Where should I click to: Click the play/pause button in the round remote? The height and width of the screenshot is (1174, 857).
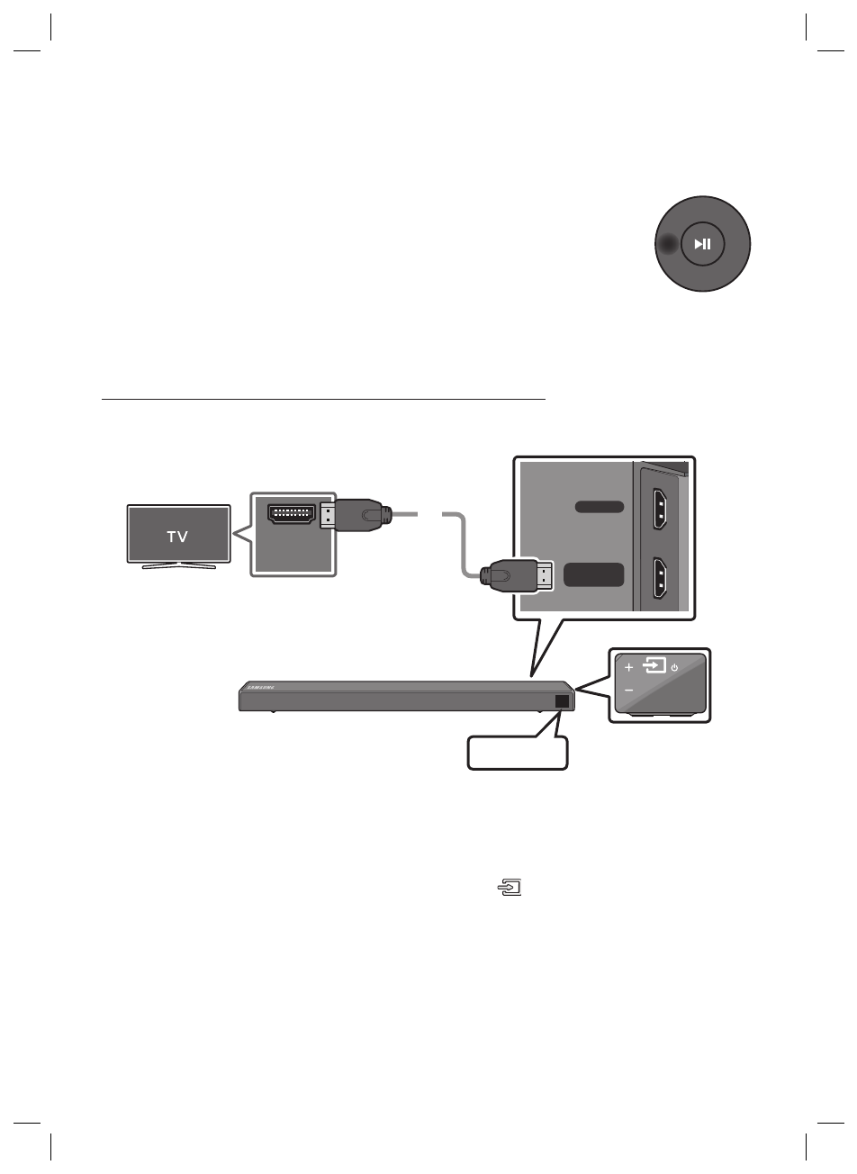click(702, 244)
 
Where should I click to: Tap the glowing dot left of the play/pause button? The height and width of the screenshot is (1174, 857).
click(666, 244)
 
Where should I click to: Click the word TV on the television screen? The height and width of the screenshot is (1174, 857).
click(177, 537)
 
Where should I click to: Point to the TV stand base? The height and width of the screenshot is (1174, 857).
click(177, 565)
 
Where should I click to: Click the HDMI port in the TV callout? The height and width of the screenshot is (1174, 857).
click(290, 515)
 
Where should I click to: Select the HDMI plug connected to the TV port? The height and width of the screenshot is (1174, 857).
click(356, 517)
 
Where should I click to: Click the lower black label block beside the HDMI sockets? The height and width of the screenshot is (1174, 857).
click(593, 574)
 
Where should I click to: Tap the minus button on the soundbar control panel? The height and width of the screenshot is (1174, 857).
click(628, 691)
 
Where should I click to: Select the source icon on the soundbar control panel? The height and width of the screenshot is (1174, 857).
click(655, 667)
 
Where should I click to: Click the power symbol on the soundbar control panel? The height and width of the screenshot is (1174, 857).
click(674, 667)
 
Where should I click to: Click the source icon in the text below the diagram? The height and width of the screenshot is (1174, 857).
click(510, 889)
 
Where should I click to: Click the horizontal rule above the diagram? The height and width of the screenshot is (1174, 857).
click(324, 397)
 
